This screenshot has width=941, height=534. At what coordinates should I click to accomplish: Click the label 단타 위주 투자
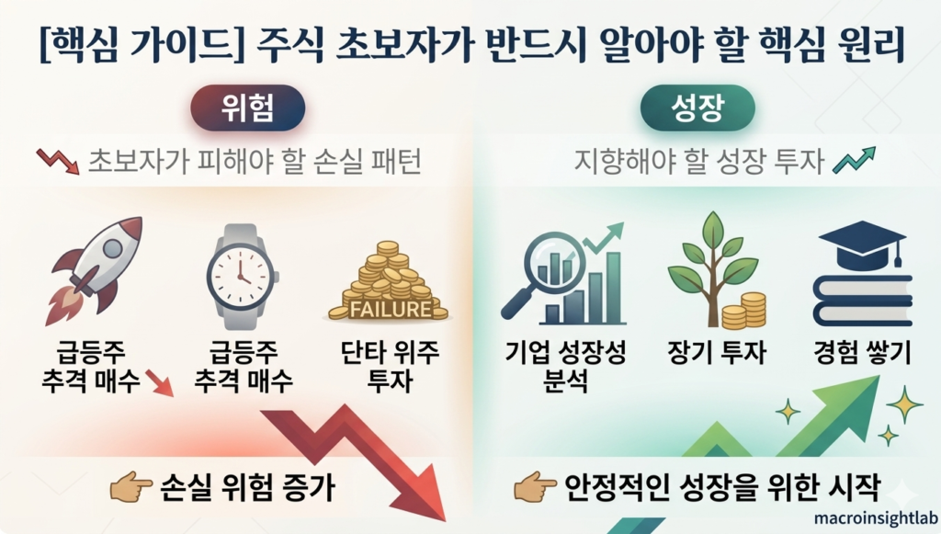point(391,367)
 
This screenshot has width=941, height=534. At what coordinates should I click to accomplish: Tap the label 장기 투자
point(716,354)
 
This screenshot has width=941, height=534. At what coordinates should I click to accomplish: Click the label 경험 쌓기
point(862,354)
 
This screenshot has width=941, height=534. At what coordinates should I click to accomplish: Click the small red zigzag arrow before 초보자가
point(58,163)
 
